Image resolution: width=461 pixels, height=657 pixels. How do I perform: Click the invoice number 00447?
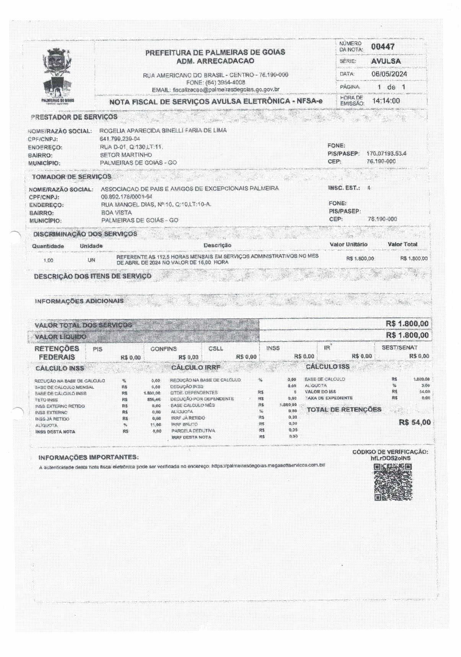pos(383,47)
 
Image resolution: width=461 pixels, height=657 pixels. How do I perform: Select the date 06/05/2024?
pos(389,74)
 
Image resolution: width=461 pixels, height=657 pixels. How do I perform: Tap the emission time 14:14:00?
pos(386,101)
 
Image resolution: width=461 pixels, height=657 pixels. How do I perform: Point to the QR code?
pos(393,482)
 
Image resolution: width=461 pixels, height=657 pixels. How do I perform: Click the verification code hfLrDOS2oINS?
pos(390,458)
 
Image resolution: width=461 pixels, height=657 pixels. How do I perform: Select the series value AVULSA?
pos(386,61)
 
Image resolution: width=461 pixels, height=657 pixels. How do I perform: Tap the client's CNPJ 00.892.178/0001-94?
pos(127,197)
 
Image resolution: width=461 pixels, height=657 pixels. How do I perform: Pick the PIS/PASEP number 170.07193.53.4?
pos(386,153)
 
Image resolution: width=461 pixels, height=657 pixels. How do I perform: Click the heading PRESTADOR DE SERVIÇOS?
pos(74,117)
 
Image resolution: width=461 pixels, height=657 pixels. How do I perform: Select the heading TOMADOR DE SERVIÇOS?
pos(72,177)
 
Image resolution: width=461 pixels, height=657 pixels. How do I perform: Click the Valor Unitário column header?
pos(348,244)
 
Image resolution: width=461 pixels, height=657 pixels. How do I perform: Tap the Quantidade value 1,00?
pos(48,260)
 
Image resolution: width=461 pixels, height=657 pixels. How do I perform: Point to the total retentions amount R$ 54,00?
pos(414,423)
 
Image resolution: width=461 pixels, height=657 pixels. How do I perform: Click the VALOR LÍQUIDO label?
pos(60,337)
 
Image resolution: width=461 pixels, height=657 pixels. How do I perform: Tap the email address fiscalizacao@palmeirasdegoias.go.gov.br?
pos(226,89)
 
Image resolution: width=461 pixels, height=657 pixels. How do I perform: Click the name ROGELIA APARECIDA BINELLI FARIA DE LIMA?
pos(163,130)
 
